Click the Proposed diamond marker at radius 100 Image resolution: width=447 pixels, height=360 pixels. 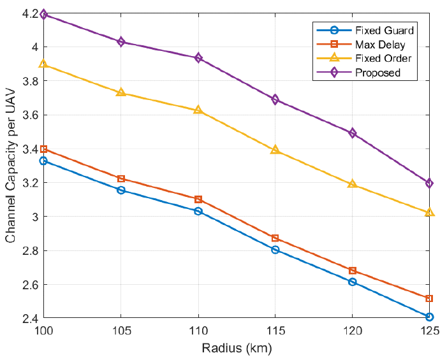click(43, 14)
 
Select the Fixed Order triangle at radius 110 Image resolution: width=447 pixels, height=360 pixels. click(198, 110)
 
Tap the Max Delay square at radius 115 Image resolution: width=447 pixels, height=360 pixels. click(275, 238)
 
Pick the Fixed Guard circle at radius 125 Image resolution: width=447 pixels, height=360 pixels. click(430, 317)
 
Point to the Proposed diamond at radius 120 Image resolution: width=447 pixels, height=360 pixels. click(353, 133)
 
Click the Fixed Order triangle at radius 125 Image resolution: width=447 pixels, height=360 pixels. click(430, 212)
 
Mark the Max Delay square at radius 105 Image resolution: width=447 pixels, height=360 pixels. click(121, 178)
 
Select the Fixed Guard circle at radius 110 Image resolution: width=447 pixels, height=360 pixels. click(198, 211)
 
